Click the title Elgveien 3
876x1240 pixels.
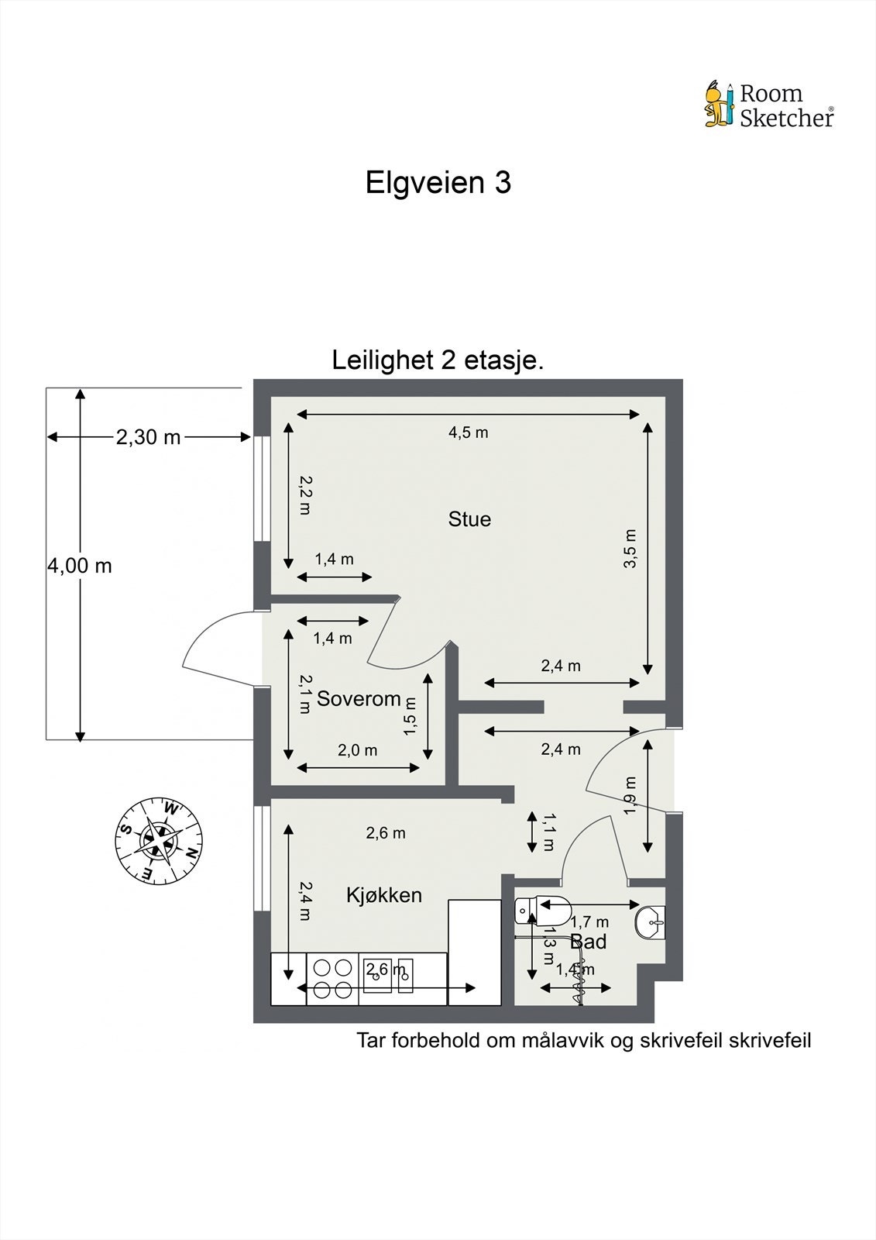(x=438, y=183)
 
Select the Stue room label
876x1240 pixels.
(x=469, y=519)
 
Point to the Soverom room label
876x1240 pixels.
(x=359, y=698)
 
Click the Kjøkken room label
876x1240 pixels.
(x=384, y=894)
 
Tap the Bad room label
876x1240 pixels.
(x=588, y=941)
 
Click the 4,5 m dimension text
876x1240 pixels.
(x=468, y=433)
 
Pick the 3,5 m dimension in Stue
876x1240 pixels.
(x=630, y=549)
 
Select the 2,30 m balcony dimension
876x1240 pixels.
(x=148, y=437)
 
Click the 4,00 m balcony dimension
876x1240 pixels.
(x=80, y=566)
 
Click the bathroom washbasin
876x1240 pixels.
(x=650, y=922)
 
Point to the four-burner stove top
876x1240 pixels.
(x=332, y=979)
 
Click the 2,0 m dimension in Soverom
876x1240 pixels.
(x=358, y=751)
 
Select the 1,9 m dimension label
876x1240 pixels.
(x=630, y=795)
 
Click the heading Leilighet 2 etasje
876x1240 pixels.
(x=438, y=360)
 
